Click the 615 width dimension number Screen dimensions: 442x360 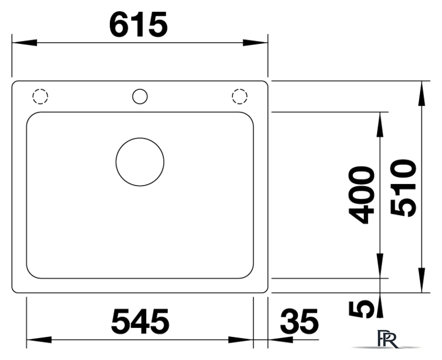pyautogui.click(x=139, y=25)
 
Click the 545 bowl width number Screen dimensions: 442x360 pyautogui.click(x=140, y=321)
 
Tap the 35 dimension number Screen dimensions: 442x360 pyautogui.click(x=300, y=321)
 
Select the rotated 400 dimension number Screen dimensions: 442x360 pyautogui.click(x=361, y=195)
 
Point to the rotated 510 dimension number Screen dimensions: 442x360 pyautogui.click(x=403, y=188)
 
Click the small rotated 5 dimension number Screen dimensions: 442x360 pyautogui.click(x=361, y=309)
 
